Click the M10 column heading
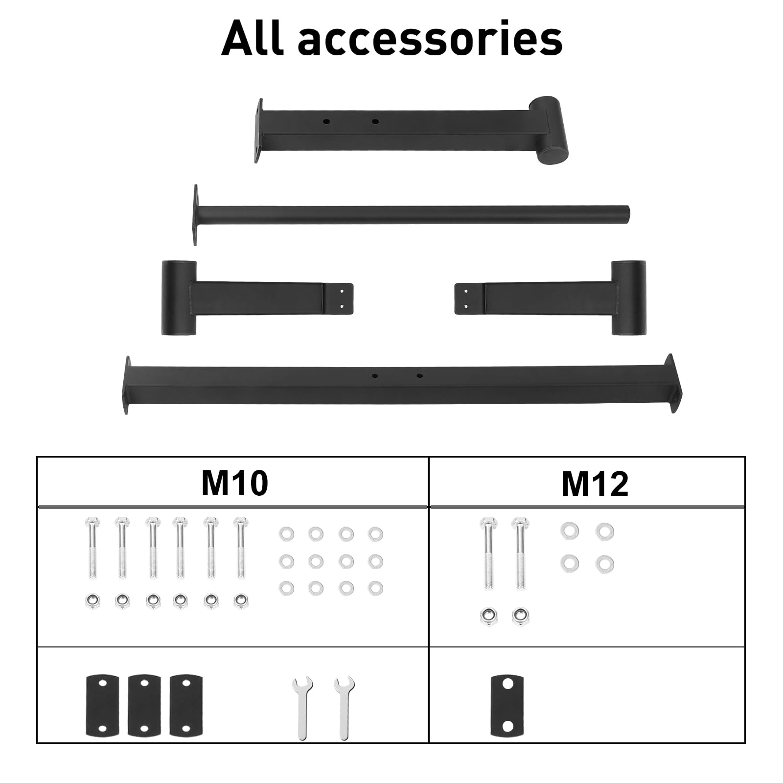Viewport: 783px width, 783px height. [x=235, y=483]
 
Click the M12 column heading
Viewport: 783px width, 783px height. [x=595, y=484]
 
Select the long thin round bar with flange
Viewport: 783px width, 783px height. [x=411, y=215]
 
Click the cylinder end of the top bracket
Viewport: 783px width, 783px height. [x=550, y=130]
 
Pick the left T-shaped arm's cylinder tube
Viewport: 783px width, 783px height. [x=179, y=298]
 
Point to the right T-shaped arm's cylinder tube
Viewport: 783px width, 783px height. [x=628, y=298]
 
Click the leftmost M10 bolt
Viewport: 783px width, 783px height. [x=92, y=548]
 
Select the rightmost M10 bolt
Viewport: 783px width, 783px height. [x=240, y=548]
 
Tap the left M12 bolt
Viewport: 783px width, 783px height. [x=488, y=553]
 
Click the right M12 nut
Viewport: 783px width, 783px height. [x=520, y=617]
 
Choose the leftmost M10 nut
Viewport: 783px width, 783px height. [x=92, y=601]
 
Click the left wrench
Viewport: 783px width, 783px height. [x=302, y=708]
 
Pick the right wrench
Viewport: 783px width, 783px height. [x=345, y=708]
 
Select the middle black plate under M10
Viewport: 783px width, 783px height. [x=144, y=705]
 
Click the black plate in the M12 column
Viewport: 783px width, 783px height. [x=507, y=705]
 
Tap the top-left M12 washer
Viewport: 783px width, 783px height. [x=570, y=531]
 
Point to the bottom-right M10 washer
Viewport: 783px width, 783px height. [x=376, y=588]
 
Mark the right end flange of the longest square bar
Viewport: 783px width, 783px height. [x=672, y=384]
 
